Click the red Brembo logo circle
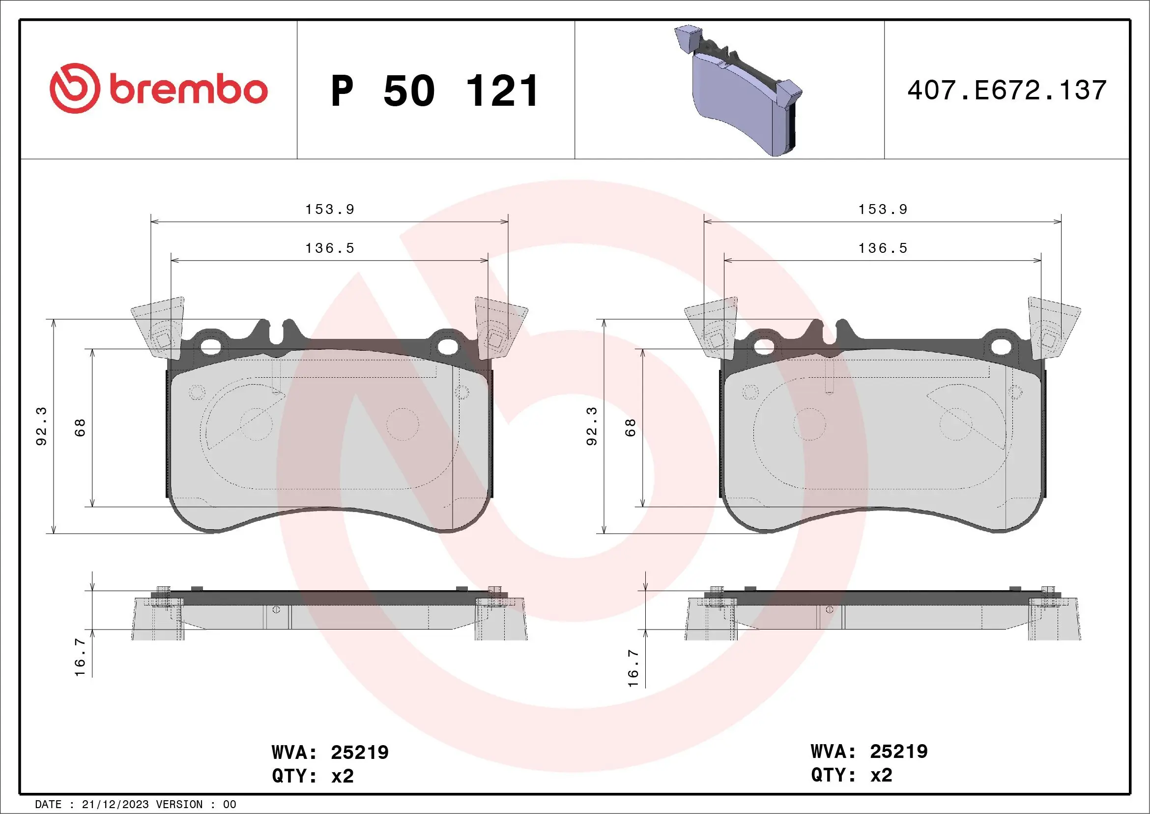[x=74, y=88]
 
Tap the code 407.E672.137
[x=1007, y=90]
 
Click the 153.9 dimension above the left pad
[x=330, y=210]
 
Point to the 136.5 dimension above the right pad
[x=883, y=248]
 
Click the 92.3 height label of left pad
[x=42, y=426]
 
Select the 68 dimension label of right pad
[x=630, y=427]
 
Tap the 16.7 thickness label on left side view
[x=80, y=657]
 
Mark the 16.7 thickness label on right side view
[x=633, y=668]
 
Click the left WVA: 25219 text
[x=330, y=753]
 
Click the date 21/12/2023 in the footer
[x=115, y=805]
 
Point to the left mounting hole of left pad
[x=211, y=347]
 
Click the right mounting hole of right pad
[x=1001, y=347]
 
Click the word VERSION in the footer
[x=179, y=805]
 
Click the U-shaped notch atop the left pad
[x=277, y=333]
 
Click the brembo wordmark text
[x=188, y=90]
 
